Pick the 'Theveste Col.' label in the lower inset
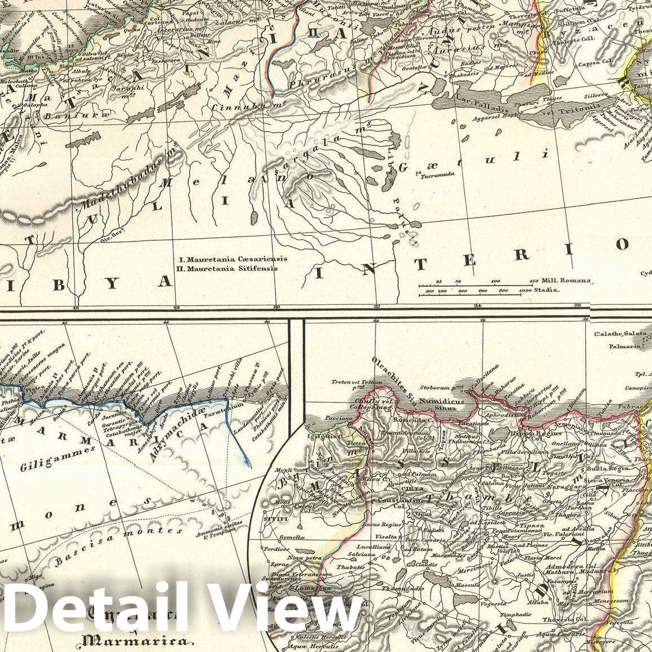point(561,619)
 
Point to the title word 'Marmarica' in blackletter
point(134,641)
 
